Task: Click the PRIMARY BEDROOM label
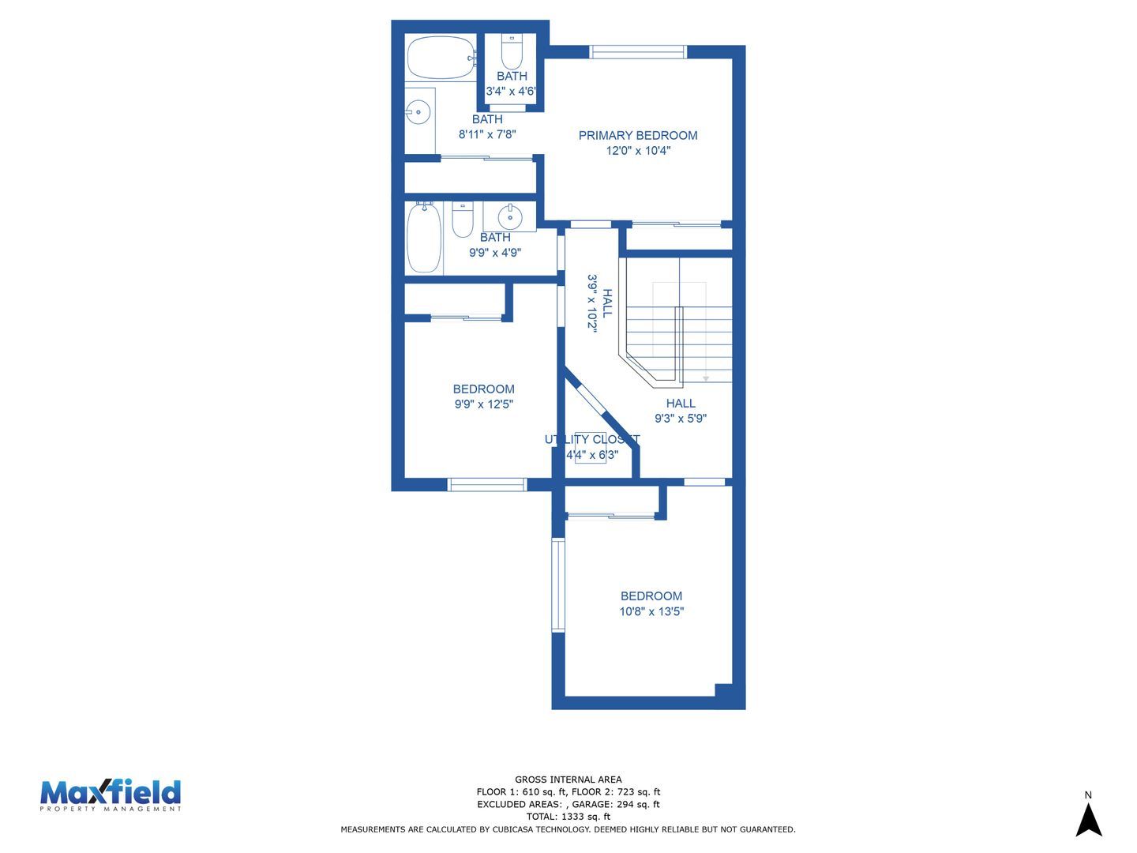coord(638,135)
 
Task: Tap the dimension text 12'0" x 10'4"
coord(638,151)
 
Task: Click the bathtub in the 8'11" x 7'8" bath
coord(441,57)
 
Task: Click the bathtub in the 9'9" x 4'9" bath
coord(424,237)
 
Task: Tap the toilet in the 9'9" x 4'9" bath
coord(463,219)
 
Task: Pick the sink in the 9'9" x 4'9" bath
coord(510,216)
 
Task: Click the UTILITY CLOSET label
coord(592,439)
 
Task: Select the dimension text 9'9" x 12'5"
coord(484,404)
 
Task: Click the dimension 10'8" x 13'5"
coord(651,611)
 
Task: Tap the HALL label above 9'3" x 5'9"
coord(680,403)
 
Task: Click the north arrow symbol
coord(1088,819)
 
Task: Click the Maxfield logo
coord(111,795)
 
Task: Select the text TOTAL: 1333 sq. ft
coord(568,817)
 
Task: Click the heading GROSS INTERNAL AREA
coord(568,780)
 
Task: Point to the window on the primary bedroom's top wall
coord(638,52)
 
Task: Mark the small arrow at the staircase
coord(706,378)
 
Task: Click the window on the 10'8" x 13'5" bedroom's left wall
coord(558,584)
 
